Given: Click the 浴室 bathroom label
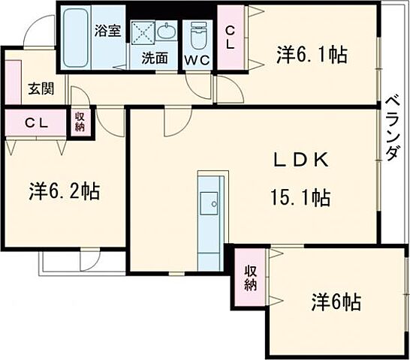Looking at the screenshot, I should (107, 31).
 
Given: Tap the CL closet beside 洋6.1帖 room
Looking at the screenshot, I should (230, 37).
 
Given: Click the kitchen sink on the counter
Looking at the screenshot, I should (210, 200).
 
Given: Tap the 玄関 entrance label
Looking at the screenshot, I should (41, 88).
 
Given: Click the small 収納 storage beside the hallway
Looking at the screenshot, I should (80, 123).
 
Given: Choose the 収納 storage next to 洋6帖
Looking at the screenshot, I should (250, 277).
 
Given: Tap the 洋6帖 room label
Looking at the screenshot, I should (335, 302).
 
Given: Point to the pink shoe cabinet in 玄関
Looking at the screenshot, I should (12, 79).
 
